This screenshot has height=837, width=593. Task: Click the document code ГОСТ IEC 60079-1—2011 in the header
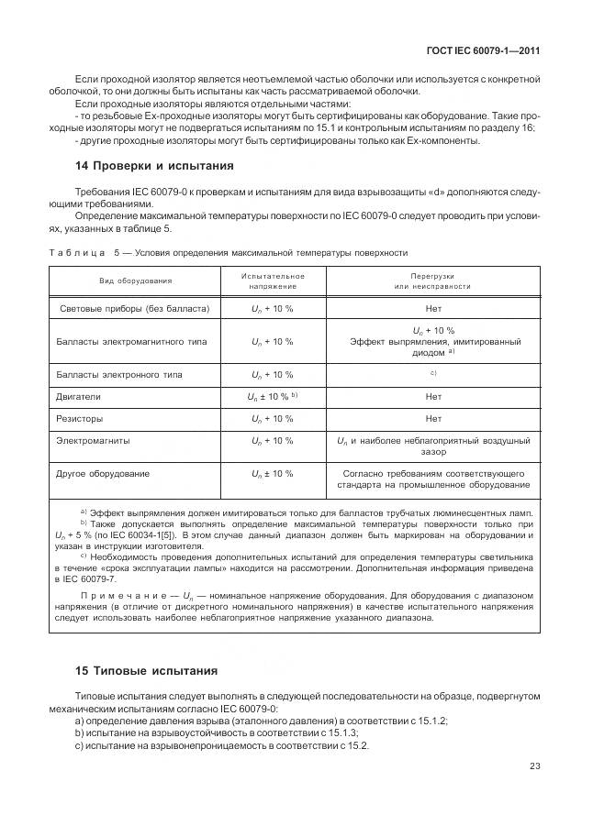coord(484,51)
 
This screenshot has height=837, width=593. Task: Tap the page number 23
coord(533,766)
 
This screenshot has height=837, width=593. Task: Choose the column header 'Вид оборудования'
coord(136,281)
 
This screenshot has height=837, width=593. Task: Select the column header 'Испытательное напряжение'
coord(273,281)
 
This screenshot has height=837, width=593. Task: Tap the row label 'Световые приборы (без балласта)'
coord(134,308)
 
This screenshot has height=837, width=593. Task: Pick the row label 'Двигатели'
coord(79,396)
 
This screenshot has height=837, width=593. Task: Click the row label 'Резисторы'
coord(81,418)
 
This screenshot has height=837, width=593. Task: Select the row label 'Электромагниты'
coord(93,440)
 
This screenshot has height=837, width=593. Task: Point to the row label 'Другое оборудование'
coord(103,473)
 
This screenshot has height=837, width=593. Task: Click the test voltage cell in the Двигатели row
coord(273,396)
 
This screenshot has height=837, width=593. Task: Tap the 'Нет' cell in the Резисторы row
coord(433,418)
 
